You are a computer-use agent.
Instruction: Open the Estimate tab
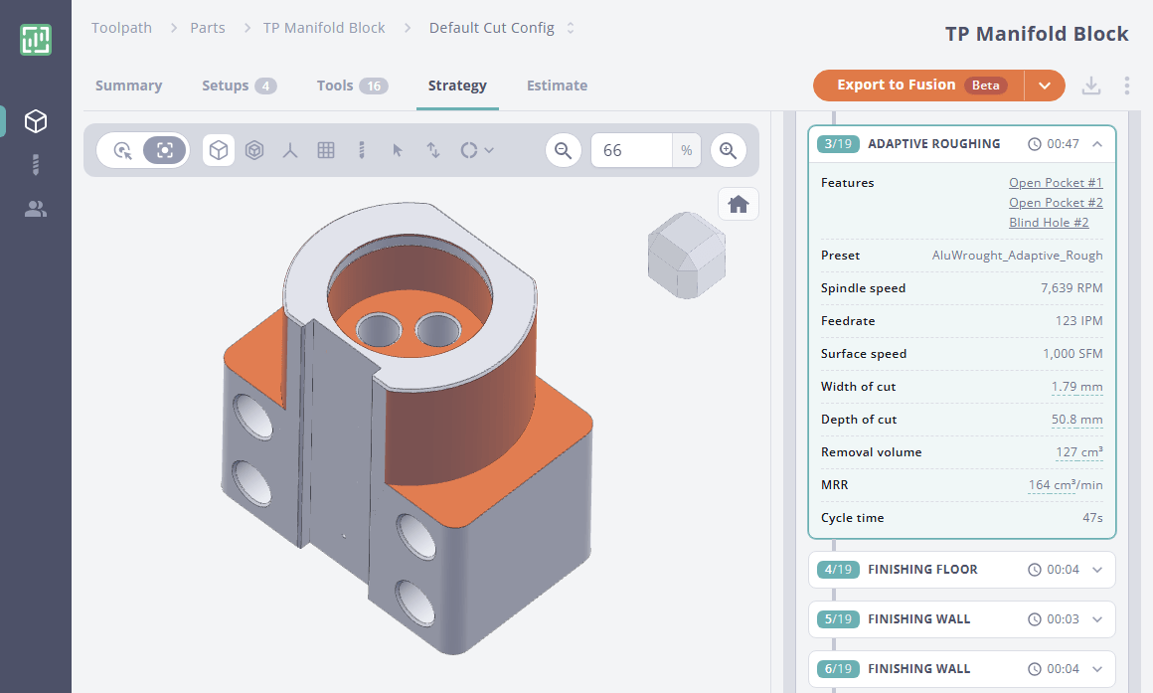[557, 86]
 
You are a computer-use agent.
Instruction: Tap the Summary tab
[128, 86]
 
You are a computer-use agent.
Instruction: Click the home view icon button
[738, 204]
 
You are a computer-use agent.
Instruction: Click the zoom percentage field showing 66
[633, 150]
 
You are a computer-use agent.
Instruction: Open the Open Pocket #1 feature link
[1055, 183]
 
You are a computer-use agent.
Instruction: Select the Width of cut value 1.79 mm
[1076, 387]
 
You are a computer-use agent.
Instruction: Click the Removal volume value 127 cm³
[1078, 452]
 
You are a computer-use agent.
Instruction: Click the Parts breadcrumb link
[207, 28]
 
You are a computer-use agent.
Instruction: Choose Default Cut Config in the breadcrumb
[492, 28]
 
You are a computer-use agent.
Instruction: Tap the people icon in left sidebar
[36, 209]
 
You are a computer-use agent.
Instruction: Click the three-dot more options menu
[1126, 86]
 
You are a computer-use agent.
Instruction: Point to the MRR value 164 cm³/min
[1065, 485]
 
